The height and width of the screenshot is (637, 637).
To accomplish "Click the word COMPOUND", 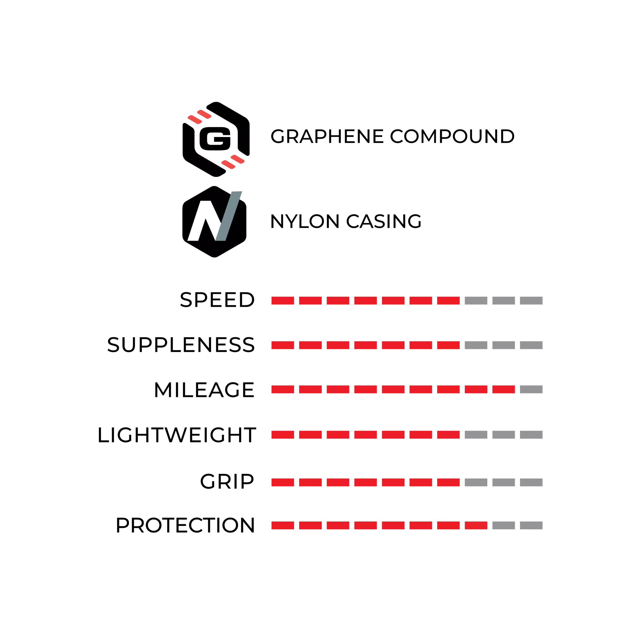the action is coord(452,136).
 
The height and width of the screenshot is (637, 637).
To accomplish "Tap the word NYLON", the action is coord(305,221).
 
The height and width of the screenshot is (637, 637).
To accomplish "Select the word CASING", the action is coord(384,221).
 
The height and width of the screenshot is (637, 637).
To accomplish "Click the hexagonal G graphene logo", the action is coord(216,139).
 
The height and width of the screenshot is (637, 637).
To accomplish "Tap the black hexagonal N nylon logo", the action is coord(214,222).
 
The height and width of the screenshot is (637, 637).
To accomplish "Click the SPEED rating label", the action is coord(217,300).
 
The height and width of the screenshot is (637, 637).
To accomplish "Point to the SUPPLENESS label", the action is coord(181,345).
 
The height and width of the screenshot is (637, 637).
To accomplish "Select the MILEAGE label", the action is coord(204,390).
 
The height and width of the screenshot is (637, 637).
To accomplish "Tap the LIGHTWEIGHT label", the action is coord(177,435).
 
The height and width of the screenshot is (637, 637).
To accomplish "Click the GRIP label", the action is coord(227,482).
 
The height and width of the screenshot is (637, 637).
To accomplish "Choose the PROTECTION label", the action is coord(185,525).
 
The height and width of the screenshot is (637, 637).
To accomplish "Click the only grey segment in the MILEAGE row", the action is coord(531,389).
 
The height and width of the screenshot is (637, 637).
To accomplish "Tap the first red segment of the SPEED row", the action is coord(283,300).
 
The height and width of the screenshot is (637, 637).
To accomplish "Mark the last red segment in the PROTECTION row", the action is coord(476,525).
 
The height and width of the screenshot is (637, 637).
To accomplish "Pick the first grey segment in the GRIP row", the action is coord(476,482).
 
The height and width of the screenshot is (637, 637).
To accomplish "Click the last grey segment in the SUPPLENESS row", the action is coord(531,345).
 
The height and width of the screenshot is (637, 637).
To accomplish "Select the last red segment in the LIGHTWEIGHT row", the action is coord(449,435).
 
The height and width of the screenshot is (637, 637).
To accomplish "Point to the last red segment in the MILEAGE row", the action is coord(504,389).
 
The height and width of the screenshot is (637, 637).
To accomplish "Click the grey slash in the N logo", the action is coord(229,216).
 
